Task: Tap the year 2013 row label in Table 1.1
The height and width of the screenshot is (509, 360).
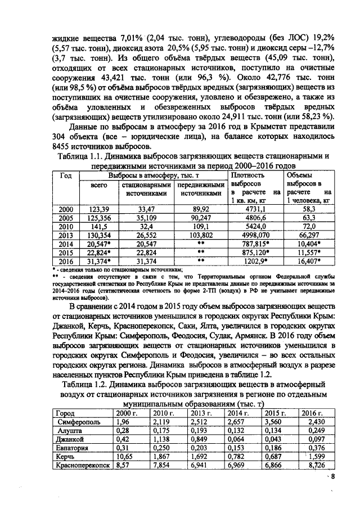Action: (x=66, y=235)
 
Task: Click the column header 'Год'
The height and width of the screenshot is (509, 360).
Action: (x=66, y=175)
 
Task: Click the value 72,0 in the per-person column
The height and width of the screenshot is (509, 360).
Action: (x=307, y=226)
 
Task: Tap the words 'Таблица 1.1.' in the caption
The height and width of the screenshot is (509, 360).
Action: (x=84, y=155)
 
